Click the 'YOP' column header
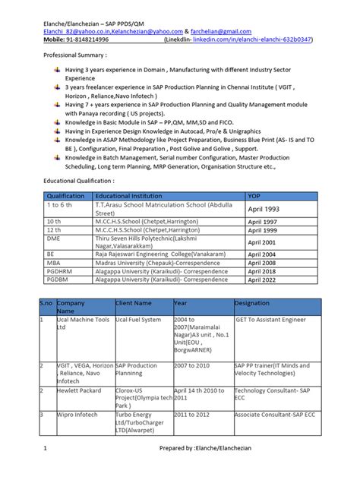[256, 196]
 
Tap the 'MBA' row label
[55, 261]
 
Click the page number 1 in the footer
[45, 470]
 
